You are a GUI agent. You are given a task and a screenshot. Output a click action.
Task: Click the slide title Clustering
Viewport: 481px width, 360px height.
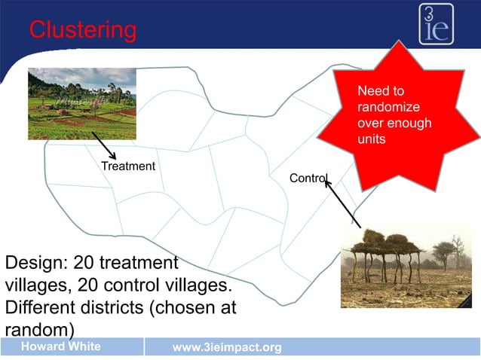pos(83,30)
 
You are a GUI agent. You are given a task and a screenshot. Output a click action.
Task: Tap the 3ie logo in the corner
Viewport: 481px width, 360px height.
pos(437,24)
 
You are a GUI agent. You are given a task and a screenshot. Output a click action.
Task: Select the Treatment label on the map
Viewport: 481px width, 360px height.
pos(128,166)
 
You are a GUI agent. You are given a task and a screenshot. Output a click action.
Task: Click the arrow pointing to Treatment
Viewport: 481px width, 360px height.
pos(103,145)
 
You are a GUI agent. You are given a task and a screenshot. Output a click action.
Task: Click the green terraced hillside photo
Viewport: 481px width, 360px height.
pos(82,103)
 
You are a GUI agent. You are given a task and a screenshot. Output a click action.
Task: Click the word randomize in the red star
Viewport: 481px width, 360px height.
pos(389,107)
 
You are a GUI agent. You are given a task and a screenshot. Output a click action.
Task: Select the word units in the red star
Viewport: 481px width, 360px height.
pos(372,140)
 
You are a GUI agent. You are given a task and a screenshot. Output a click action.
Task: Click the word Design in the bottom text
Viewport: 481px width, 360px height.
pos(34,264)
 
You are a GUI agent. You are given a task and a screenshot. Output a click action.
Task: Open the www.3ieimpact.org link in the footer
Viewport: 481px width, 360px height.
pos(227,347)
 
